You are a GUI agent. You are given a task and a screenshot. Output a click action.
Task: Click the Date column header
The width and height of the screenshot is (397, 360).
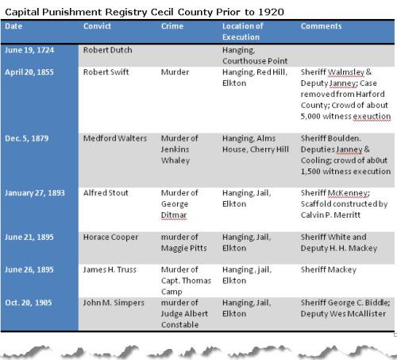[13, 26]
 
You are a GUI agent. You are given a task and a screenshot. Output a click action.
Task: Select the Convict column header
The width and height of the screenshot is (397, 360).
[97, 26]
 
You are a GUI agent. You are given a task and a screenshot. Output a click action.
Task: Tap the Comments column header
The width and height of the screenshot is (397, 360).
[321, 26]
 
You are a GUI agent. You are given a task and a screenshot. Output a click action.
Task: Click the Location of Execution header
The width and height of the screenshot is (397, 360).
[243, 32]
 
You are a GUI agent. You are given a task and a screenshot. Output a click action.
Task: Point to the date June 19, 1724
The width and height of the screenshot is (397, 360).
[29, 50]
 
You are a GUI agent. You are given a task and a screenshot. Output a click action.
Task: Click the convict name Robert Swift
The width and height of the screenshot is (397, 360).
[106, 72]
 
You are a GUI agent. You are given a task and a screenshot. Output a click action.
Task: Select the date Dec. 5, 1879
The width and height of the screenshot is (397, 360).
[27, 138]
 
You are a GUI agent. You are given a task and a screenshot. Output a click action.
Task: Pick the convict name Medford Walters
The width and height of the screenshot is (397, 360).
[115, 138]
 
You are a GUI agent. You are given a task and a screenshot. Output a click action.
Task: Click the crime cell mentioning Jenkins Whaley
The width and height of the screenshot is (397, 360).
[179, 149]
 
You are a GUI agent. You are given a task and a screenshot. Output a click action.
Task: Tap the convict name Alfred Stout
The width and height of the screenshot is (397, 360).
[106, 193]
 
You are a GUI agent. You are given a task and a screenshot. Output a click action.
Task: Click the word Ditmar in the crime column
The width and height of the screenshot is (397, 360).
[174, 215]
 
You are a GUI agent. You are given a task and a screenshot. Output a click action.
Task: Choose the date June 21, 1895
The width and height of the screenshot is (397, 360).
[29, 237]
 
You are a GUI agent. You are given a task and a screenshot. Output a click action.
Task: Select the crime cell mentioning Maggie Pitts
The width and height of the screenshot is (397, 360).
[184, 242]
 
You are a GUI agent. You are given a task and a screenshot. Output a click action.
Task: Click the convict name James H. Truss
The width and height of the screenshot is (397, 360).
[110, 269]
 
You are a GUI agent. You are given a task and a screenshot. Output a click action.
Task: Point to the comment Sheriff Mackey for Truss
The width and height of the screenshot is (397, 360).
[329, 269]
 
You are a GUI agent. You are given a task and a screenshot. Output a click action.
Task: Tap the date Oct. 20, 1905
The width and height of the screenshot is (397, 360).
[29, 303]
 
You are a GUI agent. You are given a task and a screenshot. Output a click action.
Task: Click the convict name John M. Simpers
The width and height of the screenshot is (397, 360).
[114, 303]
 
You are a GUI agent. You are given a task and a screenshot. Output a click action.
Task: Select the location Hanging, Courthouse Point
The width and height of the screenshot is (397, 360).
[255, 56]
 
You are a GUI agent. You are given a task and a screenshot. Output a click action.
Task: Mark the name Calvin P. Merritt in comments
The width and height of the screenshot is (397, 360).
[330, 215]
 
